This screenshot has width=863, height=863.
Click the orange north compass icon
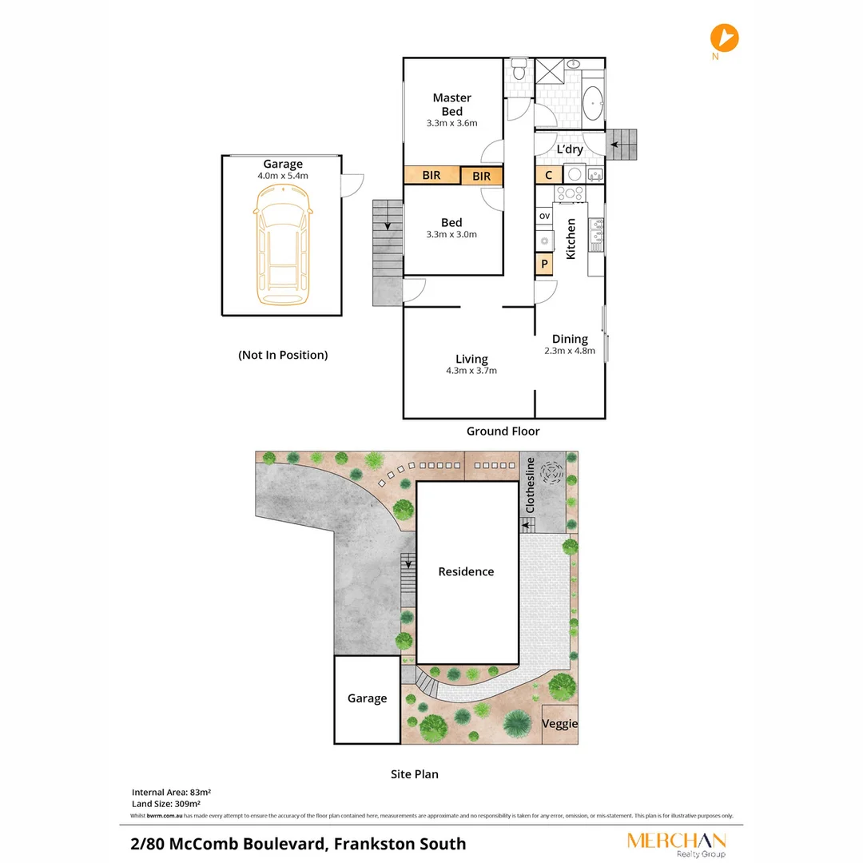pos(725,38)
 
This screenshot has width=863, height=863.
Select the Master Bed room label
pos(451,105)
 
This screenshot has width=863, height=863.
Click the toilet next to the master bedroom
pos(519,70)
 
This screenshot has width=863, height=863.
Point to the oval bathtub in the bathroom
pos(593,103)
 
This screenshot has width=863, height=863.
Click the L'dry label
pos(569,149)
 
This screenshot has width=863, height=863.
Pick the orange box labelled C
pos(548,176)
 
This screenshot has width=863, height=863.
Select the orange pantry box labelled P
pos(544,264)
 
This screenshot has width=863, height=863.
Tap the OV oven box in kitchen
pos(544,217)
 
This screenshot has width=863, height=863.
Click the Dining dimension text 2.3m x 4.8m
pos(570,351)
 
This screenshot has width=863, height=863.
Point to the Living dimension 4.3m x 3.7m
pos(471,371)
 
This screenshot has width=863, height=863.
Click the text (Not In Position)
pos(283,355)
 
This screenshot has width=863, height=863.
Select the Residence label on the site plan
pos(466,572)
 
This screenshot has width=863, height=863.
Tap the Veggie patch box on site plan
pos(559,724)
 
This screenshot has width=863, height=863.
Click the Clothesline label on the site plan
pos(529,485)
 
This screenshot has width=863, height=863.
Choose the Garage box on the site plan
pos(367,699)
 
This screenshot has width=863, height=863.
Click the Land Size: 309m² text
pos(165,804)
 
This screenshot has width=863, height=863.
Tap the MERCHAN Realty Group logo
pos(676,844)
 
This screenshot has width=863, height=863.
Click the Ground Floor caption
pos(503,431)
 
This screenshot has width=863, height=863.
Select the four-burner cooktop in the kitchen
pos(571,193)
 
